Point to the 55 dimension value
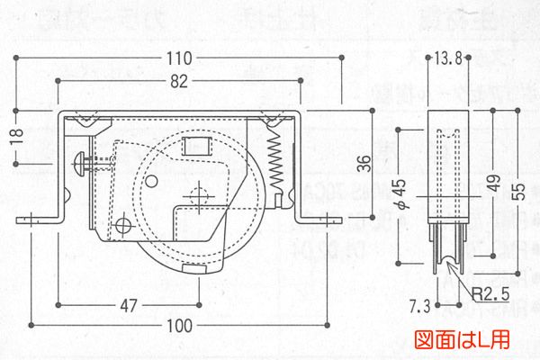[x=519, y=191]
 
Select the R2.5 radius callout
[x=490, y=293]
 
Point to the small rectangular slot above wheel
[x=194, y=145]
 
